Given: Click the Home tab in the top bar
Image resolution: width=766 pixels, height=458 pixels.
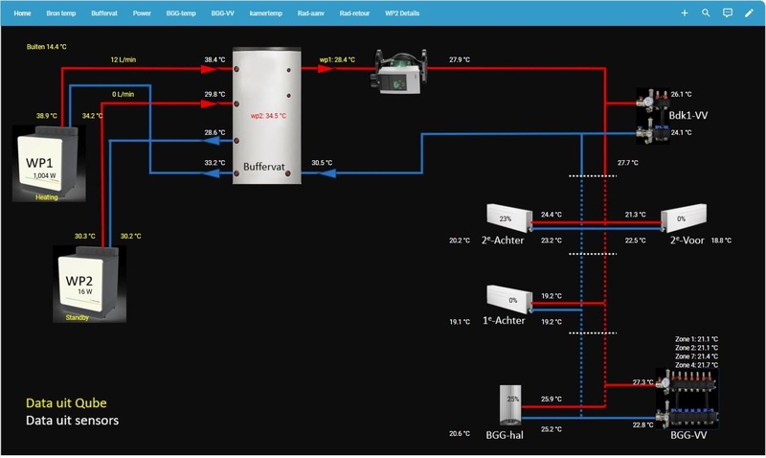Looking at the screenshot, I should coord(23,13).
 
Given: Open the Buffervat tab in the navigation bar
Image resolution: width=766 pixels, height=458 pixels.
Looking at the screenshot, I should coord(105,13).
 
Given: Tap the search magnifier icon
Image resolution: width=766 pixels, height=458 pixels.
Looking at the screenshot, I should coord(706,13).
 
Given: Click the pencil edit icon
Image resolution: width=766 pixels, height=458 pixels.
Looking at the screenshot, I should coord(749,13).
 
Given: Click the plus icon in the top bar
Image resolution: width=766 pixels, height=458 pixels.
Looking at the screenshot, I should coord(684,13).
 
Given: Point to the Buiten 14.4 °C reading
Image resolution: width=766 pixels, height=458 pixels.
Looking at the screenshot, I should coord(45,46).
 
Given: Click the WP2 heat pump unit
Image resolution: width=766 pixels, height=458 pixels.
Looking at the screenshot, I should coord(88,282).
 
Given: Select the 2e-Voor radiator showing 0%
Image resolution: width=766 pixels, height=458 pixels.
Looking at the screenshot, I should coord(682,218).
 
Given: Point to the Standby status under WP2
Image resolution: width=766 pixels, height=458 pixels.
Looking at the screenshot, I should coord(78,317).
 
